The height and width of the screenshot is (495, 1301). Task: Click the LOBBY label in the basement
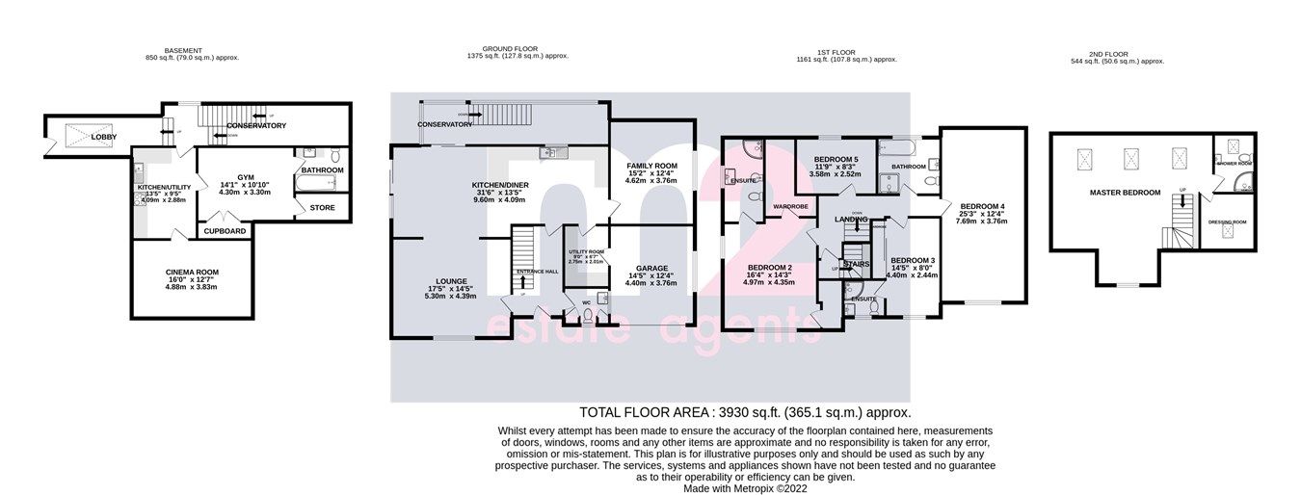[104, 138]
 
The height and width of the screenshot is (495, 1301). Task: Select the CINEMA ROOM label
[193, 273]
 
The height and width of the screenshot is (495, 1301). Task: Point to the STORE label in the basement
[323, 207]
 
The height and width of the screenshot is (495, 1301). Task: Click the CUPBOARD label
[225, 231]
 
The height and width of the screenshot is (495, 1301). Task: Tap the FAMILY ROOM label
[651, 166]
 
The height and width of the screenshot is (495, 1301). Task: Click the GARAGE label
[651, 269]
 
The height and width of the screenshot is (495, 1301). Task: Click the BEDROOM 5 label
[836, 159]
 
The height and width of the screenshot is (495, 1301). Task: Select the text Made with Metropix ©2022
[745, 488]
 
